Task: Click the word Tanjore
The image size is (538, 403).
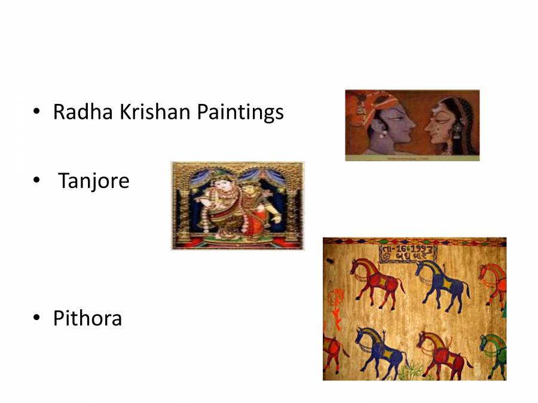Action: pos(94,180)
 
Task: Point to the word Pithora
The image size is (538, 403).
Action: pos(87,318)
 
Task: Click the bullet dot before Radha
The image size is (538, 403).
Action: pos(38,112)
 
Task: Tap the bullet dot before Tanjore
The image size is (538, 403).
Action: pos(38,180)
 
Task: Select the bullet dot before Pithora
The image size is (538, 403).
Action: pos(38,319)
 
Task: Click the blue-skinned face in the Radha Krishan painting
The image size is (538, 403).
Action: pos(392,126)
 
